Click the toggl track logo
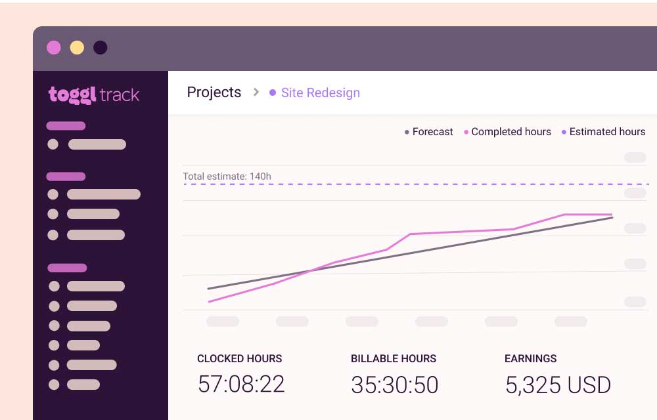pyautogui.click(x=94, y=94)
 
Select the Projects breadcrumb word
pyautogui.click(x=214, y=93)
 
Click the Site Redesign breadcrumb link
pyautogui.click(x=320, y=93)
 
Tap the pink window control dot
pyautogui.click(x=54, y=47)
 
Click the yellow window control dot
pyautogui.click(x=77, y=47)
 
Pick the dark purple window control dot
pyautogui.click(x=100, y=47)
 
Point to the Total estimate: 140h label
pyautogui.click(x=227, y=176)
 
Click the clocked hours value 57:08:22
pyautogui.click(x=241, y=384)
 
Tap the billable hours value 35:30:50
pyautogui.click(x=394, y=385)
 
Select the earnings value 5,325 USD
pyautogui.click(x=558, y=385)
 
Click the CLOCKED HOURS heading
pyautogui.click(x=239, y=358)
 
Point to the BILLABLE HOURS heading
pyautogui.click(x=393, y=358)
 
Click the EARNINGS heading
pyautogui.click(x=530, y=358)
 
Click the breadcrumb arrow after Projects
pyautogui.click(x=256, y=93)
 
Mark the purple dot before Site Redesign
pyautogui.click(x=273, y=93)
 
